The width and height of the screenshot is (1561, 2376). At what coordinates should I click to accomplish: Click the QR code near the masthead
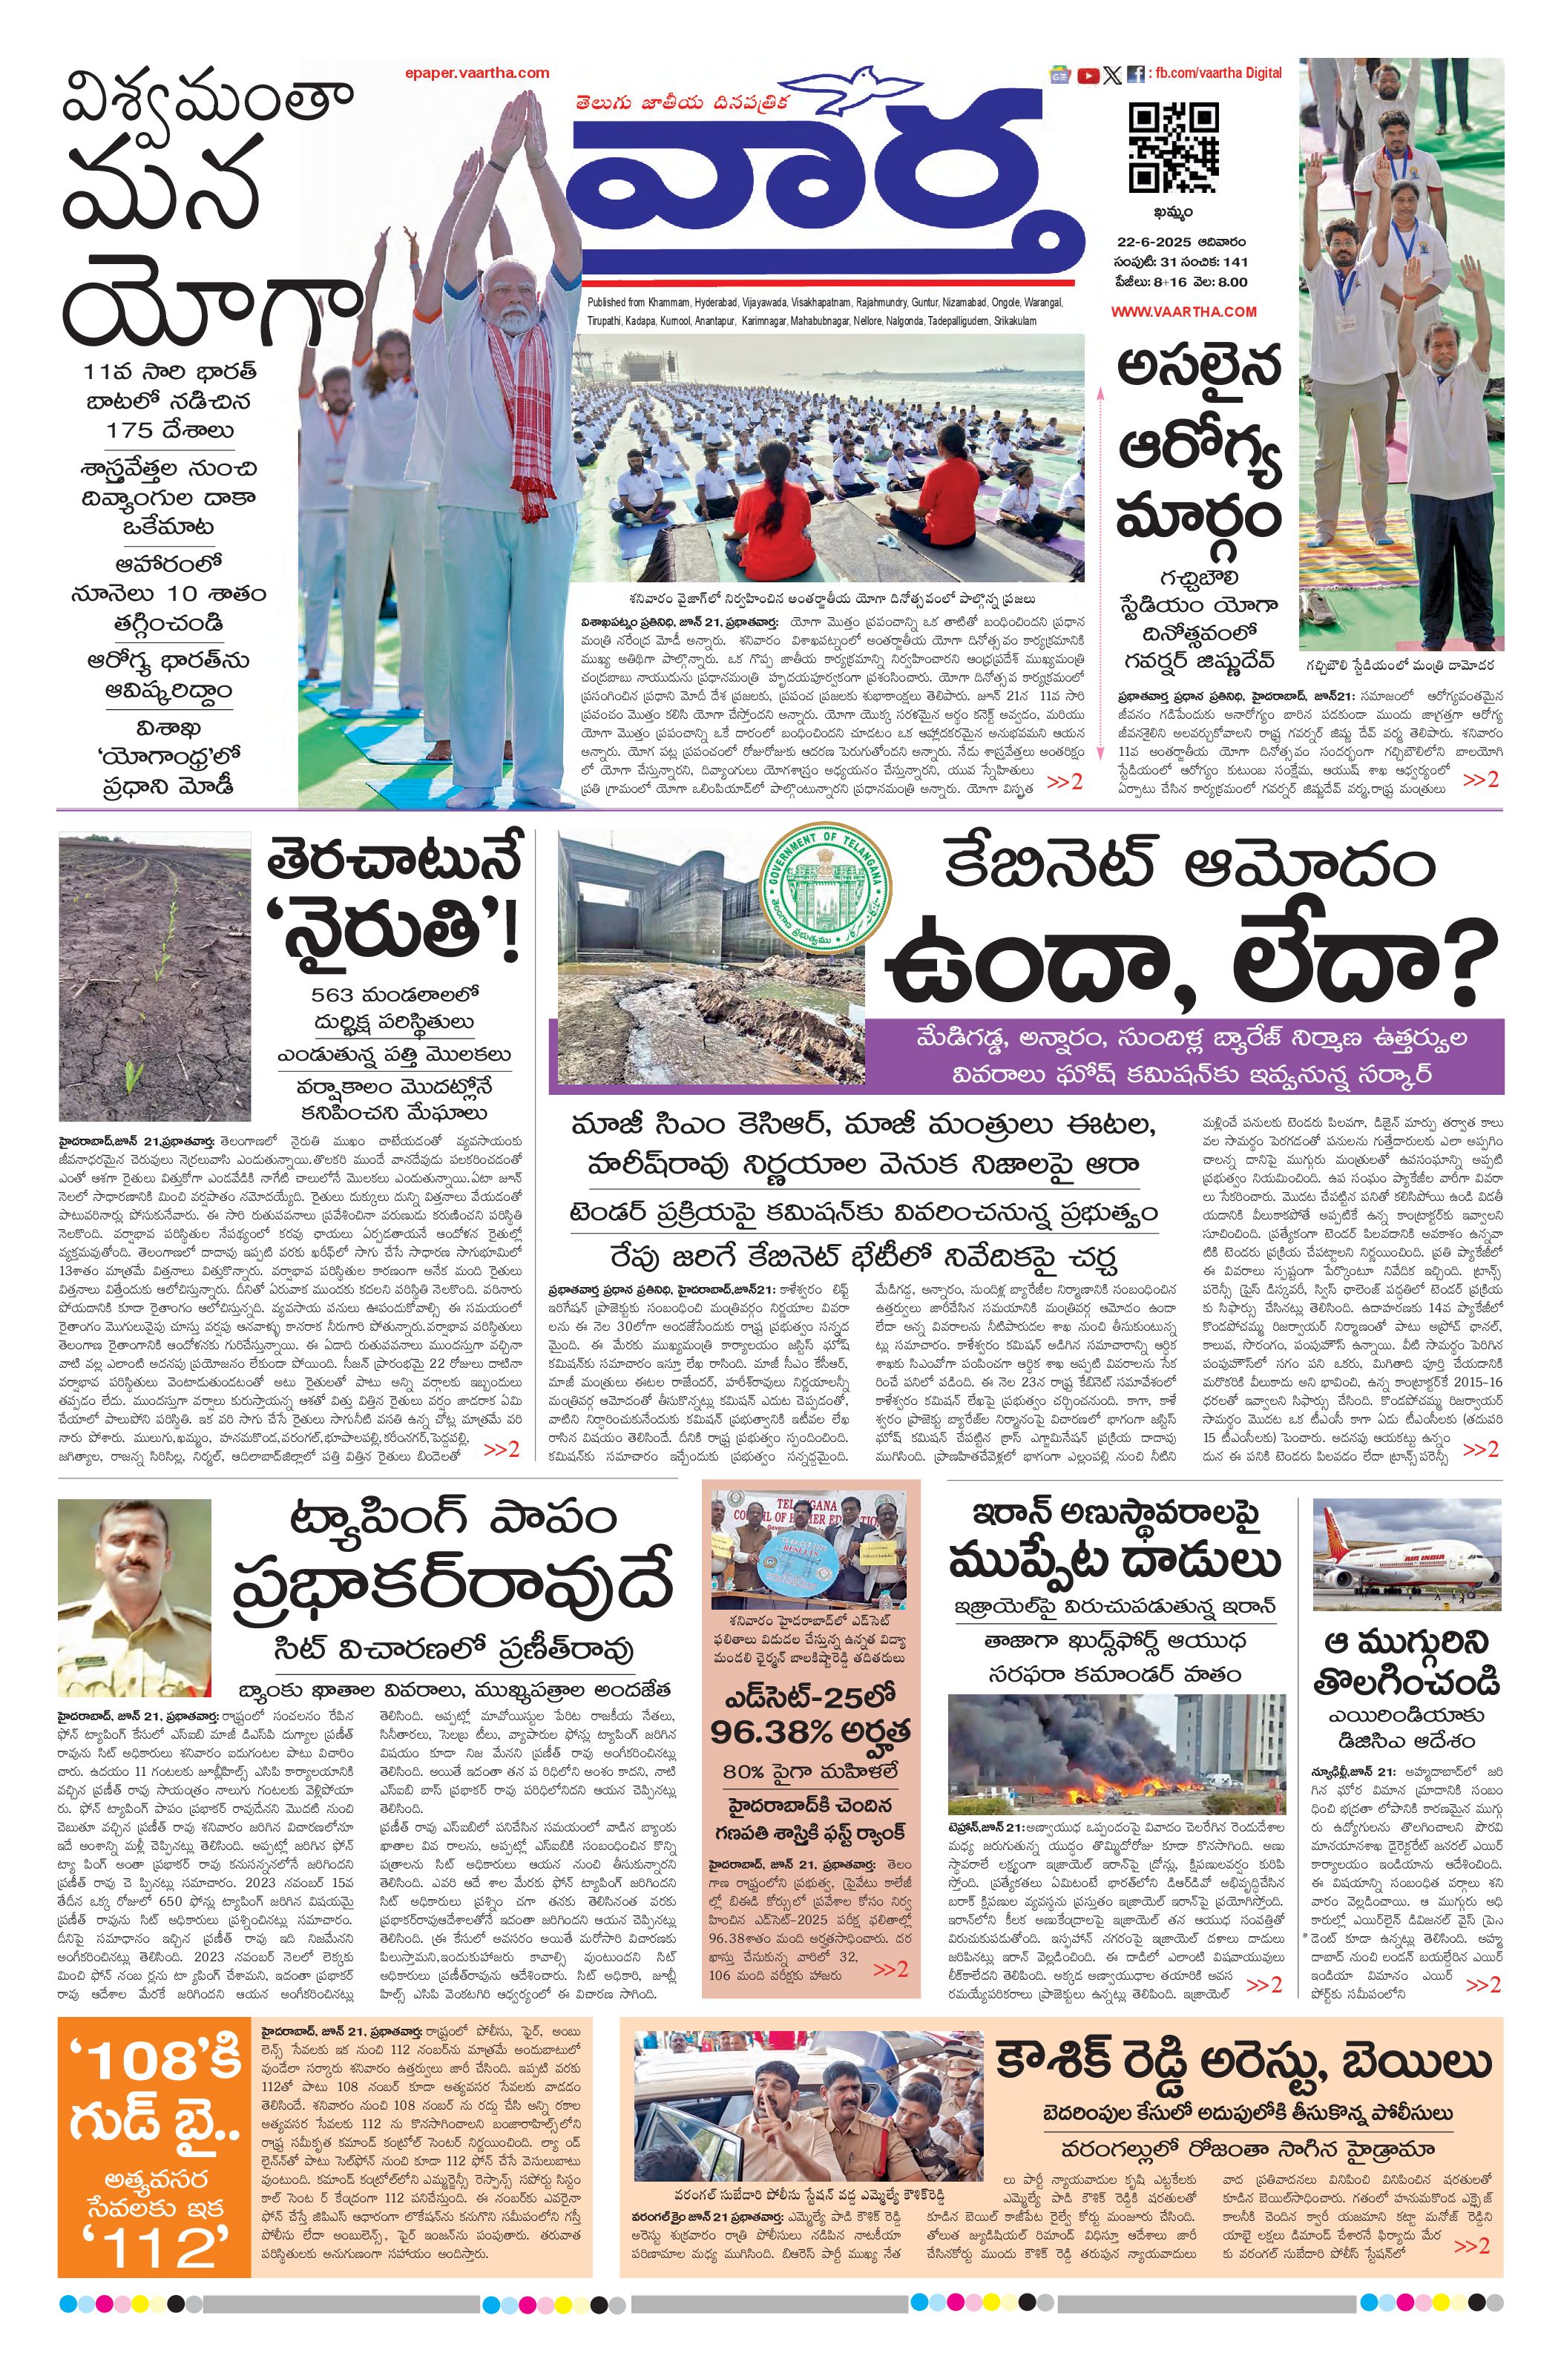point(1174,147)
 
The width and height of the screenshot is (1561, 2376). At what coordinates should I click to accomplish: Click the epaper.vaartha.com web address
point(477,73)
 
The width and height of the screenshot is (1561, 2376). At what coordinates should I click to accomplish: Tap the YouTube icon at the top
point(1088,75)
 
